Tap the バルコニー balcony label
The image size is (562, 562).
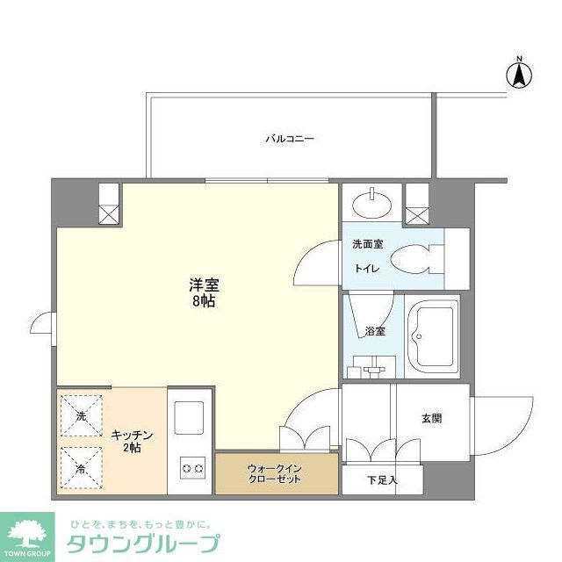point(290,139)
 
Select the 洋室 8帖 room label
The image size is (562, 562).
point(203,292)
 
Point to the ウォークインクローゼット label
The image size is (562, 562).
point(275,473)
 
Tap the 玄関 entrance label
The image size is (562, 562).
point(431,418)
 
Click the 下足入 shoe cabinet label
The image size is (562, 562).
point(382,479)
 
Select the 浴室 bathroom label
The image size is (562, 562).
point(375,331)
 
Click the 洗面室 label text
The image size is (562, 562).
point(365,243)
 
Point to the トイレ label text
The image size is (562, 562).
point(366,270)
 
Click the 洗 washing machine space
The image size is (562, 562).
point(81,416)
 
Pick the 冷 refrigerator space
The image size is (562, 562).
point(81,467)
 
